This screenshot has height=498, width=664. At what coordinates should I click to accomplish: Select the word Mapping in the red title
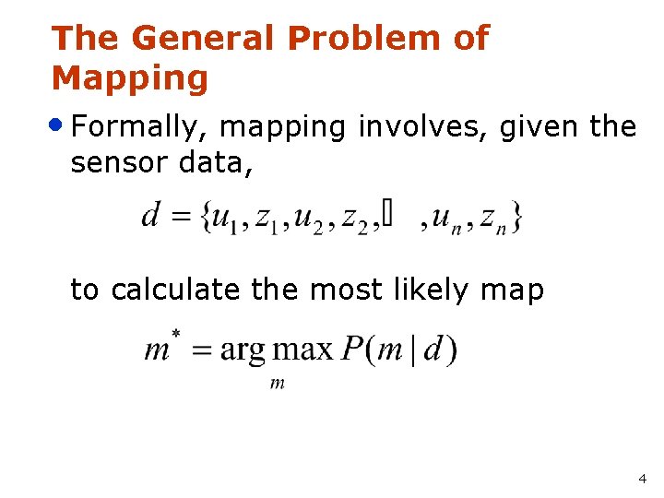click(130, 79)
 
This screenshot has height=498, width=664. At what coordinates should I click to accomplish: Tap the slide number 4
click(642, 480)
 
